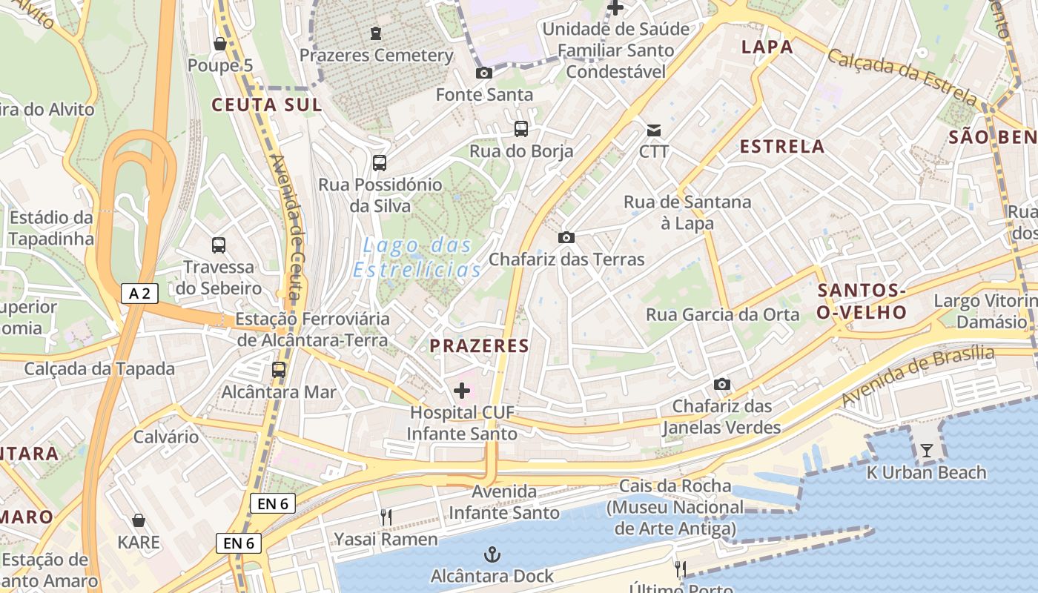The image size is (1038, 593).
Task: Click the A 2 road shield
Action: (139, 294)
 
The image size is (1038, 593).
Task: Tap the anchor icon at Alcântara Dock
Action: (492, 554)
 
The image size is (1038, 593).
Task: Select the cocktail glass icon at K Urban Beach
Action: (927, 450)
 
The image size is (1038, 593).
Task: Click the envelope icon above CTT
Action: (654, 130)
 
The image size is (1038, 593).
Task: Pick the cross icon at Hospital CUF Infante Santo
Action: (462, 390)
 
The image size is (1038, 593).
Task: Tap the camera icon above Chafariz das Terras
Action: (566, 237)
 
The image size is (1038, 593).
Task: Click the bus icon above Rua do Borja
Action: (521, 129)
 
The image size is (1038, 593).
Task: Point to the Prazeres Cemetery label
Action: (376, 55)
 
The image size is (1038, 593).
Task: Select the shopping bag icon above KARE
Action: (139, 520)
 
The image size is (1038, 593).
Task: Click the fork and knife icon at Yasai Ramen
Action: (386, 517)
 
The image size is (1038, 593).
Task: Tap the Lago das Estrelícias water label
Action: (417, 257)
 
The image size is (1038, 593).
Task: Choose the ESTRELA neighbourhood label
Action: (782, 146)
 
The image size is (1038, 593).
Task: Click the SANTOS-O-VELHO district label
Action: (862, 301)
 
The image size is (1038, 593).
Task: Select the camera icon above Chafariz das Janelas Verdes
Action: (721, 384)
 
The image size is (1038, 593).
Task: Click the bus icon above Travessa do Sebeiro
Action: (218, 245)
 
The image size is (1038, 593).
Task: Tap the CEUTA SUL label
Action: (267, 105)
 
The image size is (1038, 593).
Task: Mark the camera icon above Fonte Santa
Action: (483, 73)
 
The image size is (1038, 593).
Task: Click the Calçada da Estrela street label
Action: (902, 76)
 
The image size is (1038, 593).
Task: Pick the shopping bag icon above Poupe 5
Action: (219, 44)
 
